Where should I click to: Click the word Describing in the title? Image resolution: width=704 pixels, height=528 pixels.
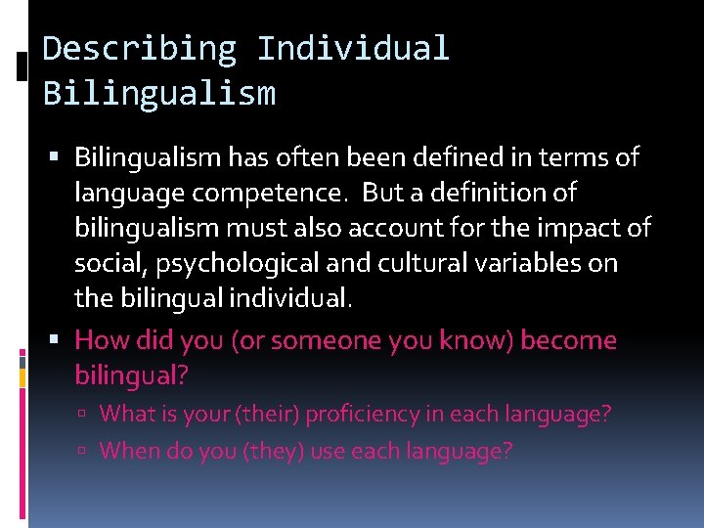(x=139, y=48)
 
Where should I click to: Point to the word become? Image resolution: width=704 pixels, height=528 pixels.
(x=569, y=340)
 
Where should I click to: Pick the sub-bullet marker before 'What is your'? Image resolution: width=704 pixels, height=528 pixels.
(x=87, y=415)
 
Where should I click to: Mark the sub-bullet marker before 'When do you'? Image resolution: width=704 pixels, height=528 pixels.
(x=87, y=452)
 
